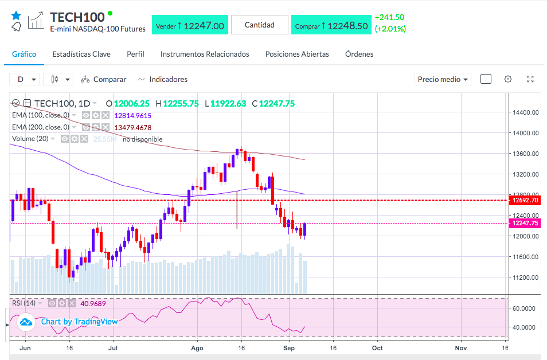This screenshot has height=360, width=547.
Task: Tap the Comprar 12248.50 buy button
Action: pos(331,25)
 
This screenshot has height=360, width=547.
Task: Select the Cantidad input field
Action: pos(259,25)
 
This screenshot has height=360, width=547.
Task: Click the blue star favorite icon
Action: pos(16,15)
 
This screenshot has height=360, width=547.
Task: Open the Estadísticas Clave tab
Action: pos(81,54)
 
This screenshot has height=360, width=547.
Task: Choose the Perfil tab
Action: pos(135,54)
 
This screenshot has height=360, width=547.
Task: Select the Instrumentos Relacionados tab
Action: pos(205,54)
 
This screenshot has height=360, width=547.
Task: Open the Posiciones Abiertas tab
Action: pos(297,54)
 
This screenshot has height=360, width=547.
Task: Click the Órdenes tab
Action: pos(359,54)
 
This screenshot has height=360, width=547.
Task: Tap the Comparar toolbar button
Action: pos(103,79)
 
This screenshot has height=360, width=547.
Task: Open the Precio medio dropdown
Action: pos(443,79)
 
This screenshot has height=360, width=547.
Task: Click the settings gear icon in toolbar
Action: pos(507,79)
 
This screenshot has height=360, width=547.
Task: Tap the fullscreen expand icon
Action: pos(530,79)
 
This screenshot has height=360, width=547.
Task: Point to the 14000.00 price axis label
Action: pos(526,133)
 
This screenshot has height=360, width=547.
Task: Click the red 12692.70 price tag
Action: pos(526,200)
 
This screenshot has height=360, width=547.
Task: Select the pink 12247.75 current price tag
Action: pos(526,223)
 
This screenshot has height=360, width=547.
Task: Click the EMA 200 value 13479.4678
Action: pos(133,127)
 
